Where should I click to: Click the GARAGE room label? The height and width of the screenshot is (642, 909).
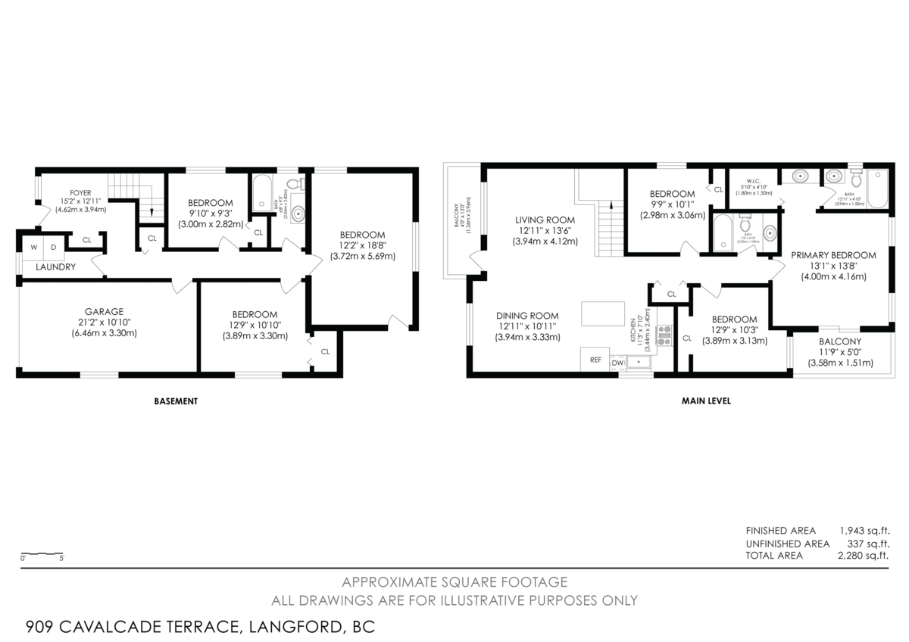pos(104,311)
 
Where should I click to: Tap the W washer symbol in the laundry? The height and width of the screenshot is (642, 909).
pos(33,248)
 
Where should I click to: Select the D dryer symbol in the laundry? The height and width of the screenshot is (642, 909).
pos(55,248)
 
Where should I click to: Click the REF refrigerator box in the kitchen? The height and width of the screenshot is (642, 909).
pos(595,360)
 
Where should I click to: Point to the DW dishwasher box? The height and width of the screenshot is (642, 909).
pos(617,363)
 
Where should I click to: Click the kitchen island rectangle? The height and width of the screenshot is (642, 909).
pos(603,313)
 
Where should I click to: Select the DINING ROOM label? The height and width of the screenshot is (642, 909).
pos(527,316)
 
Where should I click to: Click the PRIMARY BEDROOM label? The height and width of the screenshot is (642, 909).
pos(833,255)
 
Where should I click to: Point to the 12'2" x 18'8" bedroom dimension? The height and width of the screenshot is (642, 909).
pos(363,246)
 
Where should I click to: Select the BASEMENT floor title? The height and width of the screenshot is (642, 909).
pos(176,401)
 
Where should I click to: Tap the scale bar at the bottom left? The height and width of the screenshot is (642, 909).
pos(42,553)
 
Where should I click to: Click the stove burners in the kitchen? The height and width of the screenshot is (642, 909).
pos(665,335)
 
